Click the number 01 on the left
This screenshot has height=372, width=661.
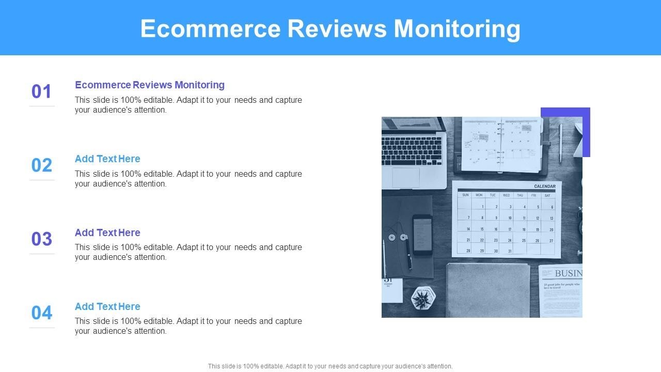(42, 91)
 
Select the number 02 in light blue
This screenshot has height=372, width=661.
(42, 165)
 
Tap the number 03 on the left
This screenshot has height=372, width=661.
(42, 239)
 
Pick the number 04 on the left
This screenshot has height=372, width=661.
(42, 313)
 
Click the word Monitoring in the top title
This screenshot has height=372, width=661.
(457, 28)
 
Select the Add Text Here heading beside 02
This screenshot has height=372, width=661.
(107, 159)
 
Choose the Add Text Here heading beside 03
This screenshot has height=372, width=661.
(107, 233)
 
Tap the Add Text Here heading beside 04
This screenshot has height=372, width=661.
(107, 306)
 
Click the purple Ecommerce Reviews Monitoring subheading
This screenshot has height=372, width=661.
(150, 85)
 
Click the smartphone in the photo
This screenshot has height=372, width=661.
(422, 235)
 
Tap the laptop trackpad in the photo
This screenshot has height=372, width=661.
(406, 177)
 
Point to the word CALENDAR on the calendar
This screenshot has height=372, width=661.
(544, 187)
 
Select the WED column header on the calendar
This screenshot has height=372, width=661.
(506, 195)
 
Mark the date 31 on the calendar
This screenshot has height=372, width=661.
(510, 251)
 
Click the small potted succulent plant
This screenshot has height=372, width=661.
(423, 298)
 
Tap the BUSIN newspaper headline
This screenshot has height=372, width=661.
(568, 273)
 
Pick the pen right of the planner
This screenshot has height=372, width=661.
(560, 143)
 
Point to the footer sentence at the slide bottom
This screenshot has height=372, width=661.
(330, 366)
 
